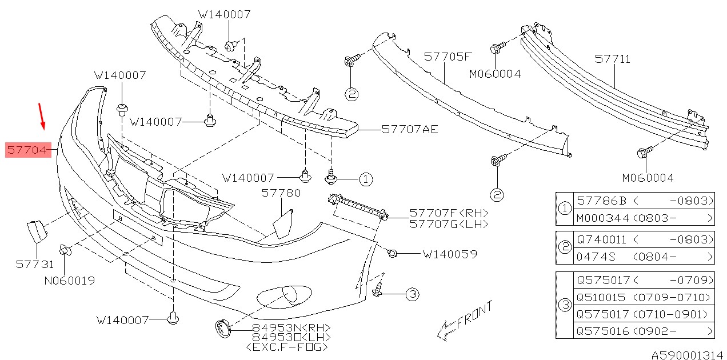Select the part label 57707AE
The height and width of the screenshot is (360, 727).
(x=410, y=130)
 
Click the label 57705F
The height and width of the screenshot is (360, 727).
(x=448, y=57)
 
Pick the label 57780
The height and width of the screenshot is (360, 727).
(x=281, y=193)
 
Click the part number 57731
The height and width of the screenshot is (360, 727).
(x=35, y=264)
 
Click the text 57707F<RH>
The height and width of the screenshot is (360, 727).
(x=449, y=214)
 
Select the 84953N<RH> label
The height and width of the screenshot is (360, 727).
(x=291, y=327)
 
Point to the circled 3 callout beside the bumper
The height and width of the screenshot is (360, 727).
(x=412, y=295)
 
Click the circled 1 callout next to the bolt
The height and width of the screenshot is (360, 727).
(x=366, y=179)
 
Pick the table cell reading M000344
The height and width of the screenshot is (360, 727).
(x=602, y=218)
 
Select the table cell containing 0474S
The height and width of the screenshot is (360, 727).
(x=596, y=257)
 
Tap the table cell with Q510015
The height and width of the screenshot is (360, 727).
(x=603, y=298)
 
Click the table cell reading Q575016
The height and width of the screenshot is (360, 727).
(x=603, y=331)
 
